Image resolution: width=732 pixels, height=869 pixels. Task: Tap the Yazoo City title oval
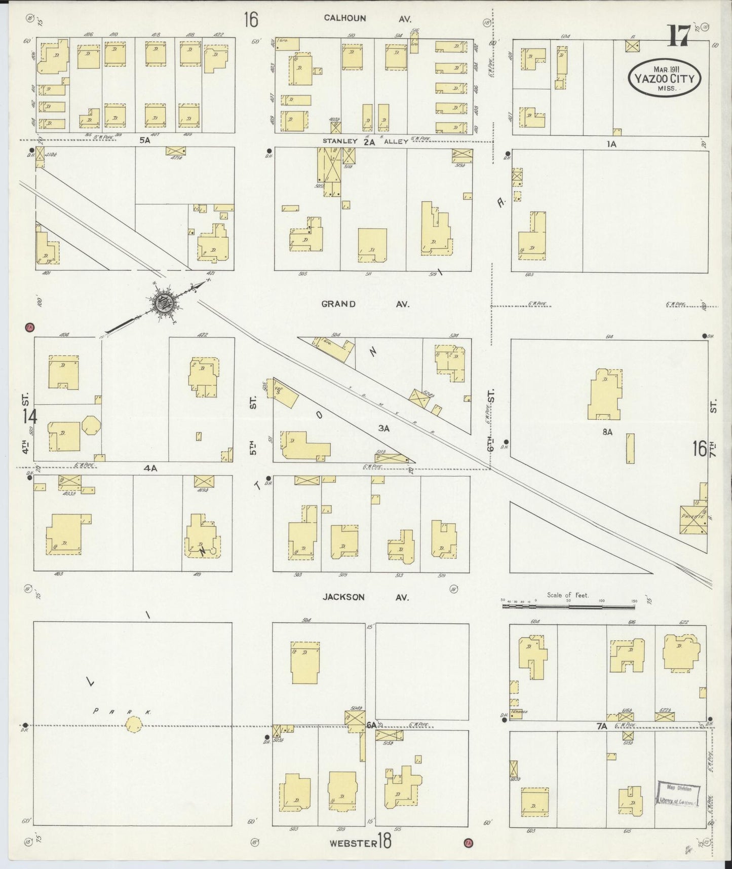[665, 78]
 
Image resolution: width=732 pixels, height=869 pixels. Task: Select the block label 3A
[383, 428]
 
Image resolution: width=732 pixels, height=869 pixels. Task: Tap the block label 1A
[611, 144]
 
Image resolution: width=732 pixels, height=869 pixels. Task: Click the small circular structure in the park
[134, 725]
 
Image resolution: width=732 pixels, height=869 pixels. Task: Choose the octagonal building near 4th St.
[92, 425]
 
